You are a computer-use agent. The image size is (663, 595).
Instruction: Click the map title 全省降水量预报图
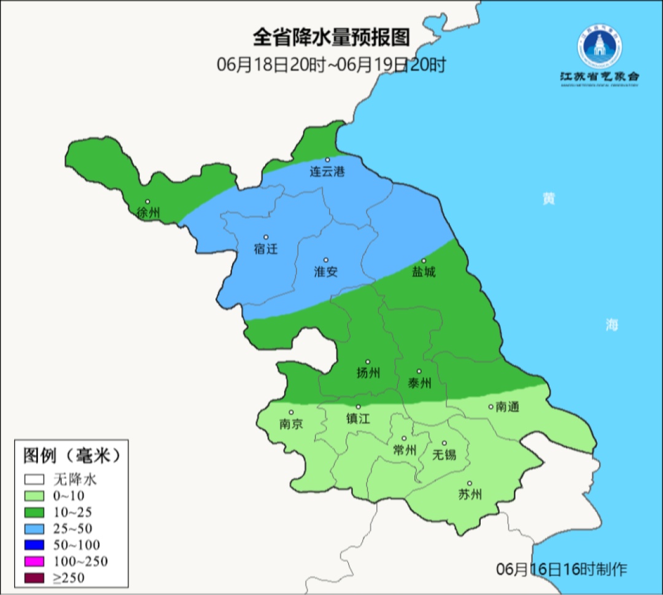click(331, 37)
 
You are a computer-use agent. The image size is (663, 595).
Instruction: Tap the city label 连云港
click(327, 172)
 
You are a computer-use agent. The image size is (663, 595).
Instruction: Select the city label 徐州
click(149, 213)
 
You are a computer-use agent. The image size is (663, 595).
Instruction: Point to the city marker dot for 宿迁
click(266, 237)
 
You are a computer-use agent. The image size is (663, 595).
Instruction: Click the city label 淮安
click(326, 271)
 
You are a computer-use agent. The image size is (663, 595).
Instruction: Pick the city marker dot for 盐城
click(424, 260)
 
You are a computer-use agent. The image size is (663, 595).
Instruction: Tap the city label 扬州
click(368, 373)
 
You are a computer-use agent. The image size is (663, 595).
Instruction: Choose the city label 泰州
click(419, 383)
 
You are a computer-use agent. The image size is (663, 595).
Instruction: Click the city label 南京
click(291, 424)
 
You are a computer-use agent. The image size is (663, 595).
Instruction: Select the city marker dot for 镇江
click(359, 406)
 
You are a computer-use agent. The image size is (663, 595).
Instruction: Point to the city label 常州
click(405, 450)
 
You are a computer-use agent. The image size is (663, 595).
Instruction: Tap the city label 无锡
click(444, 454)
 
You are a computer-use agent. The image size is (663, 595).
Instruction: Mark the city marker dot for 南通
click(490, 406)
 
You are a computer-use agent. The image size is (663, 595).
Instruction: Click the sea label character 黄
click(548, 199)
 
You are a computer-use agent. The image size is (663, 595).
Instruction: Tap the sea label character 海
click(611, 325)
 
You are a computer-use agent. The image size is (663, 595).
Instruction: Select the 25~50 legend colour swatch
click(36, 528)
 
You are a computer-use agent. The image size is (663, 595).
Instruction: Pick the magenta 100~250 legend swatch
click(36, 561)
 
